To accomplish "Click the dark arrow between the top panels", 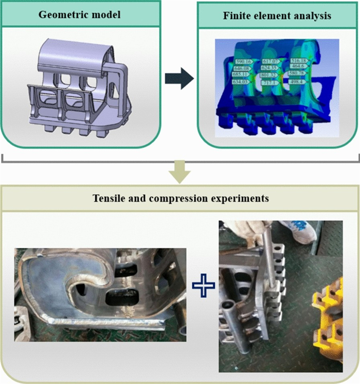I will tap(179, 80).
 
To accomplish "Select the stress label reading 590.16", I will tap(241, 61).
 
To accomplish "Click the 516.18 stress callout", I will tap(299, 61).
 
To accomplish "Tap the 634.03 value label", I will tap(241, 82).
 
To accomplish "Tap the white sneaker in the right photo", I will tap(299, 231).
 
